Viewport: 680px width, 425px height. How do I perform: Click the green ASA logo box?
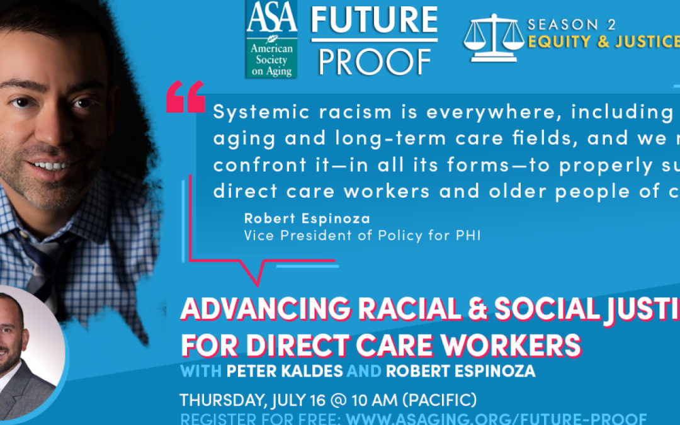coord(271,39)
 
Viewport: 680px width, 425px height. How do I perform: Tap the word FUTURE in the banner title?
coord(374,20)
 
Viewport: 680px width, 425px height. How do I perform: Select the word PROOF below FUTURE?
coord(374,61)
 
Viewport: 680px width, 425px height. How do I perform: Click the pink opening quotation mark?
coord(186,98)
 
